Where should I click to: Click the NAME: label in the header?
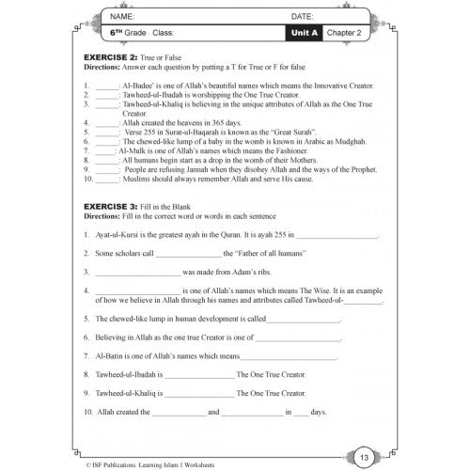click(121, 17)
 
